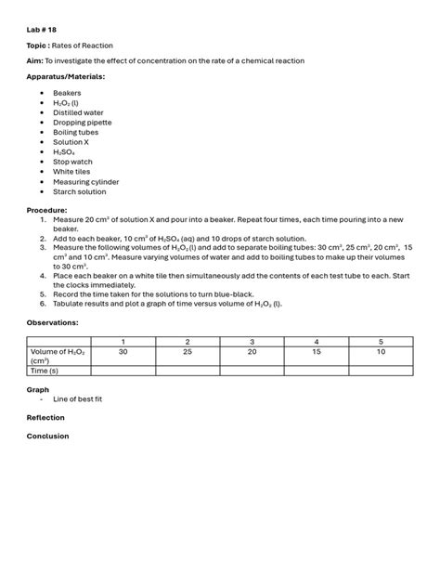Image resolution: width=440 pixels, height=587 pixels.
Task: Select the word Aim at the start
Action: [34, 60]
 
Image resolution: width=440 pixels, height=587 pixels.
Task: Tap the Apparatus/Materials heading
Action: [65, 76]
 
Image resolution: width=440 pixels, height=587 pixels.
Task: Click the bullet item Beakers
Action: [67, 93]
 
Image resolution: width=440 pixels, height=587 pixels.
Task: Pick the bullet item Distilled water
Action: [79, 112]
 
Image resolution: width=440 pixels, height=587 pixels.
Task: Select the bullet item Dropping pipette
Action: [81, 123]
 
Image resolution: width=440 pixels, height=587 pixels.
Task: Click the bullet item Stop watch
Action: [72, 162]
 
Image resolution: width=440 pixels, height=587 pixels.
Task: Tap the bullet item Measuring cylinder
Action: [85, 181]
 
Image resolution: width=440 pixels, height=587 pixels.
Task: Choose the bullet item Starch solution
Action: [79, 191]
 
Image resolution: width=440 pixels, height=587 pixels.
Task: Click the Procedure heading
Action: [46, 210]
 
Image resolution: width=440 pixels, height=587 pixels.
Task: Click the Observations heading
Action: [52, 321]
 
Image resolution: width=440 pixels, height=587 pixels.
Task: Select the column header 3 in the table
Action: [252, 342]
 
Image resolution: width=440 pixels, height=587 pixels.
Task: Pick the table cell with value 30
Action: [123, 352]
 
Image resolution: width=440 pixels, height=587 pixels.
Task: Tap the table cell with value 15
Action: [316, 352]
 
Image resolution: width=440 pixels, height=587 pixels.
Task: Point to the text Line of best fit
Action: [77, 398]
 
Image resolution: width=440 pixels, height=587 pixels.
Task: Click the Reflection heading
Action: [45, 418]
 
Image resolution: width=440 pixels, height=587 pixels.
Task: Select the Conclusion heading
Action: [47, 436]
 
